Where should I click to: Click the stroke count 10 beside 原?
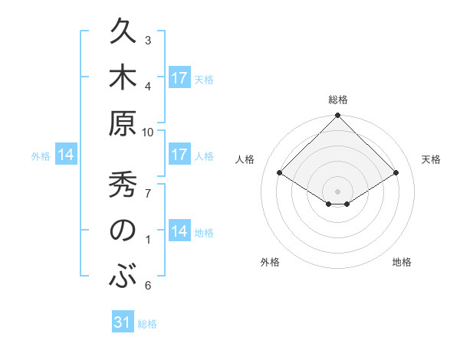point(148,132)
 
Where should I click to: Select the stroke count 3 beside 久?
point(148,40)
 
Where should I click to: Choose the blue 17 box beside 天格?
point(179,78)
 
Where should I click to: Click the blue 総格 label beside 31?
point(147,324)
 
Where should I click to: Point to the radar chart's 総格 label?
point(338,100)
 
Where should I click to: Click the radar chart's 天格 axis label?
point(431,159)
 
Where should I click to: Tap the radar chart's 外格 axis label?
point(270,262)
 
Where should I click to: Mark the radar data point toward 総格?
point(338,116)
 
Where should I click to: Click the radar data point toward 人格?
point(280,173)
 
